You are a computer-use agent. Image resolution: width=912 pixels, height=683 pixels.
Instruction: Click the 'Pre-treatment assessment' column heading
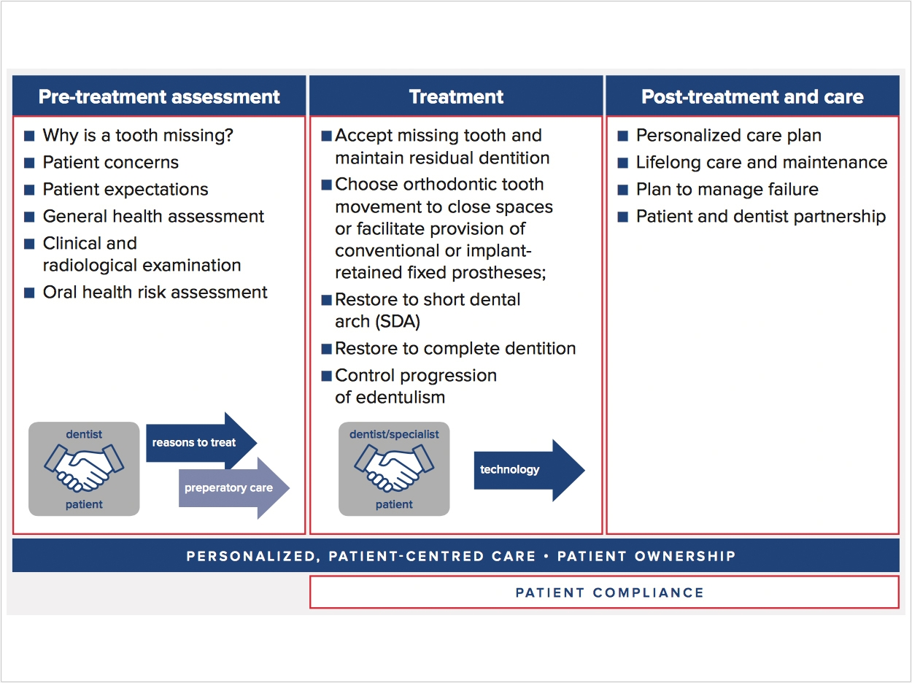tap(159, 97)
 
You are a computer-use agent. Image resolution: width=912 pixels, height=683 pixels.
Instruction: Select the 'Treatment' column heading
tap(456, 97)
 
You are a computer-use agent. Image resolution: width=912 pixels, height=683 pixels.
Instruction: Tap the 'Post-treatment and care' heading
tap(752, 97)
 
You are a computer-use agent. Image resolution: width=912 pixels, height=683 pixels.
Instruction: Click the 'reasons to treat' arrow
tap(201, 442)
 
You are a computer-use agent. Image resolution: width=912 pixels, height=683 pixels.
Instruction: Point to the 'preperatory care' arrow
tap(234, 488)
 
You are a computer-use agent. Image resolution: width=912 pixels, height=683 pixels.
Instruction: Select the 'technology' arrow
tap(530, 470)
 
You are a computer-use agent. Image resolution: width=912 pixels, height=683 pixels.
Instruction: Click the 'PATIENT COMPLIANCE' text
tap(609, 593)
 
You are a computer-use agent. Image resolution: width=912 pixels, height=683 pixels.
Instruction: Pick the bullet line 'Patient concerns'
tap(110, 163)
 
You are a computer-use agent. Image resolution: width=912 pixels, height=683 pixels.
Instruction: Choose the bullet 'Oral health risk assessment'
tap(155, 293)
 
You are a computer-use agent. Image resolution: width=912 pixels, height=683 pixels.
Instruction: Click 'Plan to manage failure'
tap(727, 190)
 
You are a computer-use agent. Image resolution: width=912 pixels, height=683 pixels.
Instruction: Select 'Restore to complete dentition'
tap(455, 349)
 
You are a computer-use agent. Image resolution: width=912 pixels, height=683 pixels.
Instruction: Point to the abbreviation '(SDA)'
tap(398, 322)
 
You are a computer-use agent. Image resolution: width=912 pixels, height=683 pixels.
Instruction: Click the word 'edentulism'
tap(401, 398)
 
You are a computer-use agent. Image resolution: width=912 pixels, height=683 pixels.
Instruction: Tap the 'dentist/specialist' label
tap(394, 434)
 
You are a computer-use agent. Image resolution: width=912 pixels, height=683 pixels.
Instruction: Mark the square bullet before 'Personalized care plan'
tap(622, 136)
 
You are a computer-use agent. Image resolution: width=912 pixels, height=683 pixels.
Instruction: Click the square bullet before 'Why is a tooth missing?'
tap(29, 136)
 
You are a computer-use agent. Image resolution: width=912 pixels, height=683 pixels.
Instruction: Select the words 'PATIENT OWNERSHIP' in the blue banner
tap(646, 556)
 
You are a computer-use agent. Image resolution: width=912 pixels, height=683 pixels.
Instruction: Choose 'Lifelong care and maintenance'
tap(762, 163)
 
